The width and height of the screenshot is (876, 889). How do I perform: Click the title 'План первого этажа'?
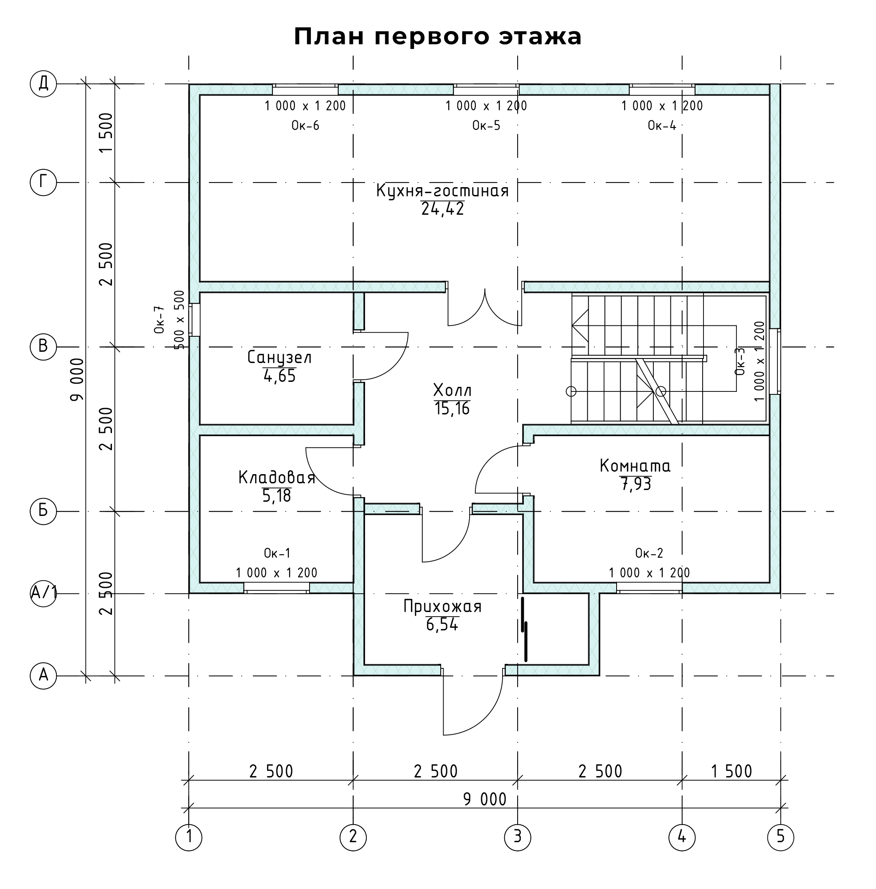(437, 37)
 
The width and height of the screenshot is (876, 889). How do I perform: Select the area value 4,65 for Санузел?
(279, 376)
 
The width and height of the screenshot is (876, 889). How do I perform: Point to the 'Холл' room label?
(452, 391)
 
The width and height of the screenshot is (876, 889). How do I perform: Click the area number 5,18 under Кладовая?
(277, 495)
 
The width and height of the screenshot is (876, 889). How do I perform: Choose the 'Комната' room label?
(635, 466)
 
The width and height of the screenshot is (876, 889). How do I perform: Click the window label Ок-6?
(305, 126)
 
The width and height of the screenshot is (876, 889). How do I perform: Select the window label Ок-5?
(486, 126)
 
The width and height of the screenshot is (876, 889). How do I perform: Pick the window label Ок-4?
(662, 126)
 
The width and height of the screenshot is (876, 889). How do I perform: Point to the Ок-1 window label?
(277, 553)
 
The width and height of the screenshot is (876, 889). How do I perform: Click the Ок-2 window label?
(649, 553)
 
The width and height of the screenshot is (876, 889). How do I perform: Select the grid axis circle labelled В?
(43, 346)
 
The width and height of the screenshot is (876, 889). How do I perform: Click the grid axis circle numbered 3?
(518, 836)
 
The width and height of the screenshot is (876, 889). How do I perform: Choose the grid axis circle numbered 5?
(781, 836)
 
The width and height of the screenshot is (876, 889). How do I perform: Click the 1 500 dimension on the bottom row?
(731, 771)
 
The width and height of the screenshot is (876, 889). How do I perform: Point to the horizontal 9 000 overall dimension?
(485, 800)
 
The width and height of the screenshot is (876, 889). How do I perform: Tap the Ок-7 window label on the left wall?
(159, 319)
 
